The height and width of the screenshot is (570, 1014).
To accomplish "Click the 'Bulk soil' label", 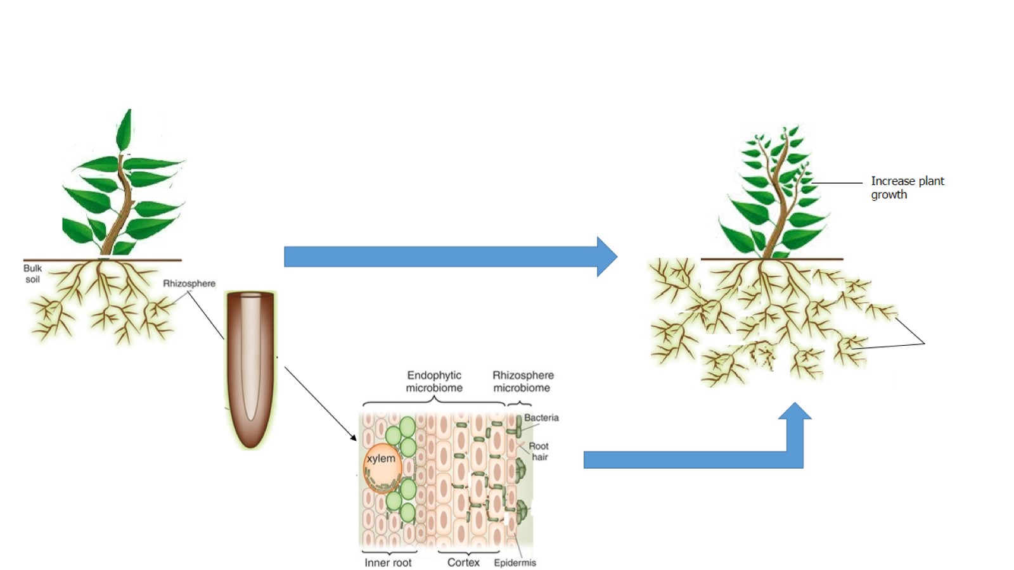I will (x=32, y=274).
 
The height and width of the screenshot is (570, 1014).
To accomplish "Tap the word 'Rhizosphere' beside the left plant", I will (x=189, y=283).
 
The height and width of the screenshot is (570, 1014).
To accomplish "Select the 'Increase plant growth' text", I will (x=907, y=187).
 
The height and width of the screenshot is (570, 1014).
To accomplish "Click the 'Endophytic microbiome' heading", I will (x=434, y=381).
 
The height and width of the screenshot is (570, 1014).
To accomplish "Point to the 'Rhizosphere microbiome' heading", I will (x=522, y=381).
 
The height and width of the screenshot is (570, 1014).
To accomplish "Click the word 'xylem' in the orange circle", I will (x=381, y=459).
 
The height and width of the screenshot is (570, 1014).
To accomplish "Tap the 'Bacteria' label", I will (x=541, y=417).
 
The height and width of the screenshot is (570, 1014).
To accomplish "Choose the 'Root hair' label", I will (x=539, y=451).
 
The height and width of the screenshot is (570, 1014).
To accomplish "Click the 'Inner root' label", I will (x=388, y=562).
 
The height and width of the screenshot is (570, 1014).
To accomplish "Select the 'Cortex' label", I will (x=463, y=562).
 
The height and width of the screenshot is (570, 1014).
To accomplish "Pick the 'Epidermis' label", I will (x=515, y=562).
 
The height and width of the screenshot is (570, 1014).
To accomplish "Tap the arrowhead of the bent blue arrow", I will (x=795, y=414).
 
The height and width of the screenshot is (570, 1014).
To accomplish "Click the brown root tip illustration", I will (x=251, y=367).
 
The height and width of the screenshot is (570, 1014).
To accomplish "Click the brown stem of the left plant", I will (x=120, y=209).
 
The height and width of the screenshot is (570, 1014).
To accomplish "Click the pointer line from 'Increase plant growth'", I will (x=837, y=183).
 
